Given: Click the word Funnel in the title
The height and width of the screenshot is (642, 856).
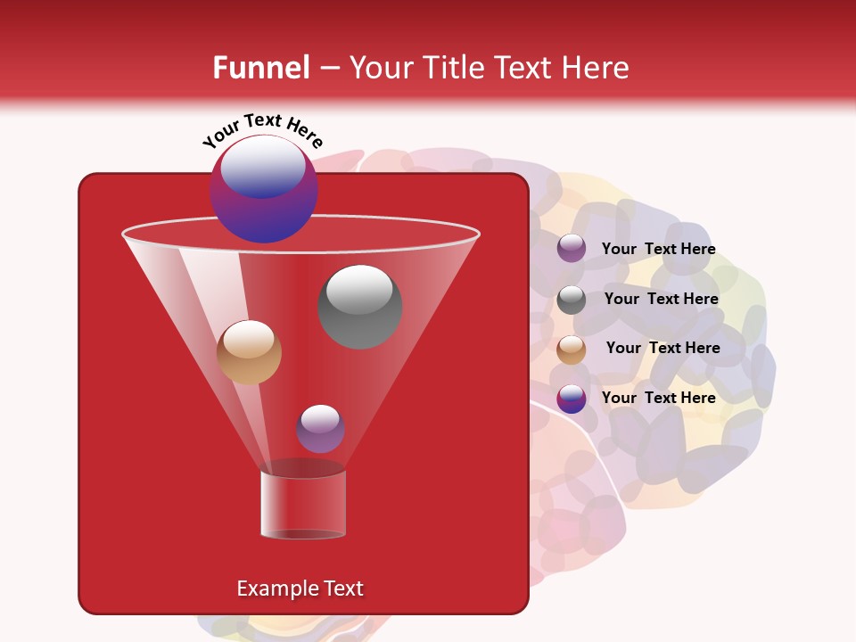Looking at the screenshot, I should click(x=260, y=68).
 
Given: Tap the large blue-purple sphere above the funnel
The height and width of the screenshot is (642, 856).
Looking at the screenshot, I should click(x=263, y=189).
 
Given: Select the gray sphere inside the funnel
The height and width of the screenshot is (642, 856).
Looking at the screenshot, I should click(x=359, y=307).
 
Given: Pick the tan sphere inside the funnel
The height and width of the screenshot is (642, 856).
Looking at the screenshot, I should click(x=249, y=352).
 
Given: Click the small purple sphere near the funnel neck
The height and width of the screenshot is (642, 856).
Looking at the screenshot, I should click(x=320, y=429).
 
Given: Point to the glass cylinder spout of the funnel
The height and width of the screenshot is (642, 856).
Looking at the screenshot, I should click(x=302, y=504).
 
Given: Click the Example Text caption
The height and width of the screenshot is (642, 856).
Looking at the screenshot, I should click(x=300, y=588).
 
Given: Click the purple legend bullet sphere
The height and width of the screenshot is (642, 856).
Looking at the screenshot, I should click(x=572, y=249).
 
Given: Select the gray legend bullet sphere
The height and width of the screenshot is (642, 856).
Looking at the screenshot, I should click(x=572, y=300).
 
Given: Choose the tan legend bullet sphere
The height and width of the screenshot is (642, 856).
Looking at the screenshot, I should click(x=572, y=350).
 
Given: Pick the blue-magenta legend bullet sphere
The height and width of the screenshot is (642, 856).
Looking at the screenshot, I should click(x=572, y=399).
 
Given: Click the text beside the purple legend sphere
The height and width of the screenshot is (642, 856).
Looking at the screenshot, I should click(x=658, y=249).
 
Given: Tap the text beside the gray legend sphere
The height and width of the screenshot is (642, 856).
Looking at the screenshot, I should click(x=661, y=299).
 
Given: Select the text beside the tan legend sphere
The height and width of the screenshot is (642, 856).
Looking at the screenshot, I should click(x=663, y=348).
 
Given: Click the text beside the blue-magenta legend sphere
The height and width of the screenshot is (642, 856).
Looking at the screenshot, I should click(x=658, y=398).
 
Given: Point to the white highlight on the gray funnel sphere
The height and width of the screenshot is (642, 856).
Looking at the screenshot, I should click(x=359, y=289).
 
